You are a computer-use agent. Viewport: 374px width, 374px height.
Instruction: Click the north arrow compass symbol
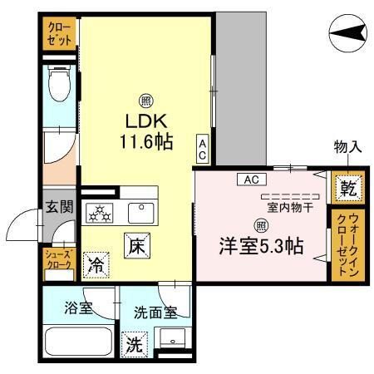pyautogui.click(x=347, y=35)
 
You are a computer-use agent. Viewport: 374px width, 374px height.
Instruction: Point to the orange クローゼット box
pyautogui.click(x=58, y=34)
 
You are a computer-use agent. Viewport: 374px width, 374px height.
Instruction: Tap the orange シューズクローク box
pyautogui.click(x=60, y=261)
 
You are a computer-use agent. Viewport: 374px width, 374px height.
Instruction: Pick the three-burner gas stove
pyautogui.click(x=100, y=214)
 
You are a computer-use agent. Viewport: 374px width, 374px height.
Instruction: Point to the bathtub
pyautogui.click(x=79, y=342)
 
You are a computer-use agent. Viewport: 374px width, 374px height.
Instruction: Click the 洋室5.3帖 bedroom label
pyautogui.click(x=260, y=247)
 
